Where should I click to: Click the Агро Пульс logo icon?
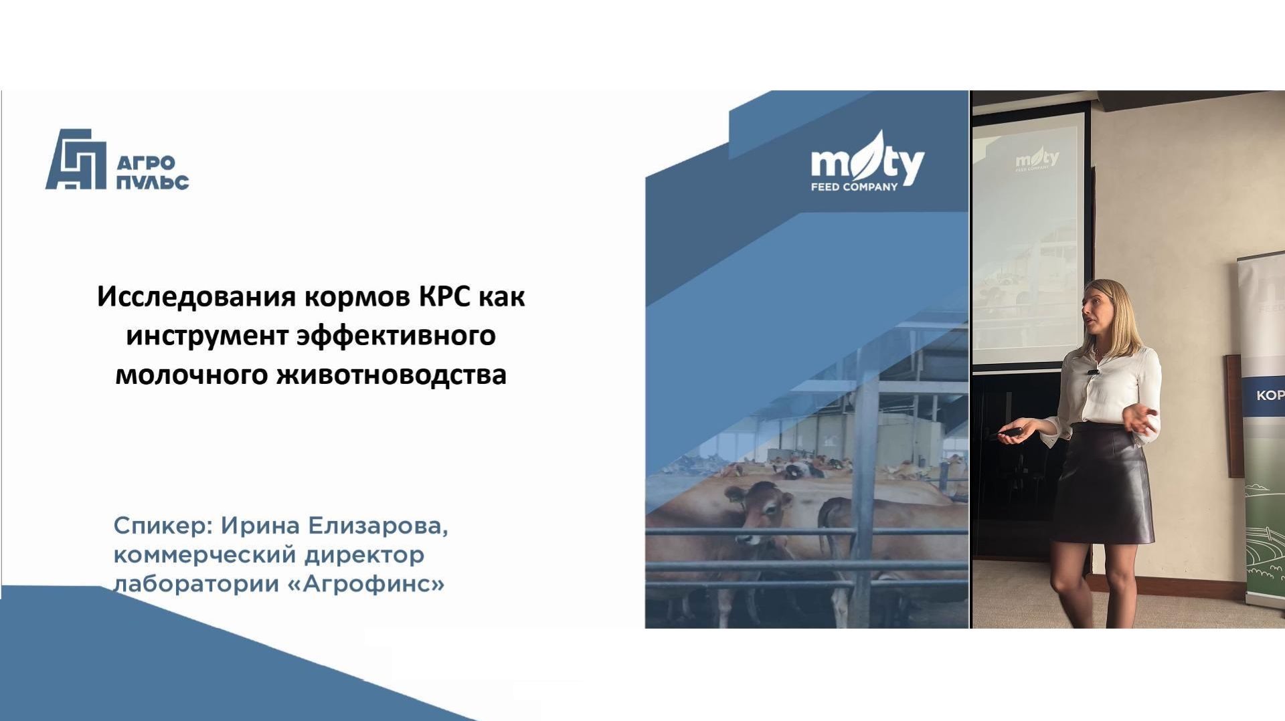tap(76, 159)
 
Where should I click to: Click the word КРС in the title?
tap(444, 296)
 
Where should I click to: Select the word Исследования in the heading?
tap(196, 296)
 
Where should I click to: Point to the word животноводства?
tap(392, 375)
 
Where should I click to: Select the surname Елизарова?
tap(377, 526)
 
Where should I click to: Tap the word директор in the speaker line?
tap(364, 555)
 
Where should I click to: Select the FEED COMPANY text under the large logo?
tap(854, 187)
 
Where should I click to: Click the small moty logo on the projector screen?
tap(1037, 159)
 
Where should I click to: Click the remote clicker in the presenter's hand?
tap(1011, 432)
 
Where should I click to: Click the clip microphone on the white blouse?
tap(1093, 371)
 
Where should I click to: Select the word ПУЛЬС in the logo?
tap(153, 181)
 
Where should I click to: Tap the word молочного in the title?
tap(191, 375)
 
